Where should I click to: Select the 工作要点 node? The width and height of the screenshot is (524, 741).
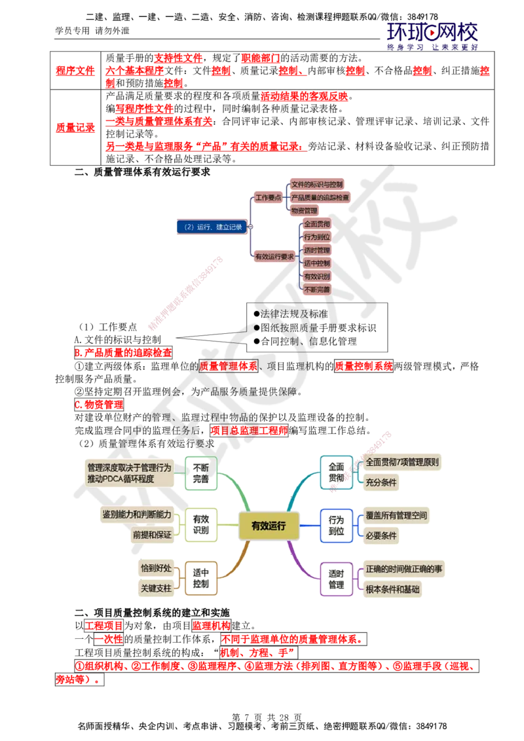[268, 197]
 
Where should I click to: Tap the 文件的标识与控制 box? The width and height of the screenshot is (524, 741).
[317, 184]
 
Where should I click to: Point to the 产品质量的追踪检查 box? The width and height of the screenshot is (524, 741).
[320, 197]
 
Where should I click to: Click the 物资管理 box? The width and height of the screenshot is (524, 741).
[304, 210]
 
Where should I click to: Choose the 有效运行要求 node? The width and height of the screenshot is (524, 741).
[274, 257]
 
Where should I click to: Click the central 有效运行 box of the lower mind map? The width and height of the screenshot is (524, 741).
[269, 525]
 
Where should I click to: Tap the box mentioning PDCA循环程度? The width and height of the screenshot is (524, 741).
[130, 473]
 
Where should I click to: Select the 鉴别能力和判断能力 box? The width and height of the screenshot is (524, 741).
[137, 515]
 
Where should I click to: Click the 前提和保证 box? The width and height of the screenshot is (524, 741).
[152, 535]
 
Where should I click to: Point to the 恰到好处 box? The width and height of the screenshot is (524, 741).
[156, 568]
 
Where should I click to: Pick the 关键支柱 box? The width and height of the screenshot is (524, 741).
[156, 588]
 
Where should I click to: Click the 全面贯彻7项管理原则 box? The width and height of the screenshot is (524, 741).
[402, 462]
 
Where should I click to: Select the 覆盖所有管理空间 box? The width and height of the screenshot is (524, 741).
[400, 515]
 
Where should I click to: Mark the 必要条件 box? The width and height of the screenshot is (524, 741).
[382, 535]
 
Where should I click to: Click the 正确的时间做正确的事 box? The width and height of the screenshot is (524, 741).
[403, 569]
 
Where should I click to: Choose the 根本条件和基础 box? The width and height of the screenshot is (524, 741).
[393, 588]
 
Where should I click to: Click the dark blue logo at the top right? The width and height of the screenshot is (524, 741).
[432, 35]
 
